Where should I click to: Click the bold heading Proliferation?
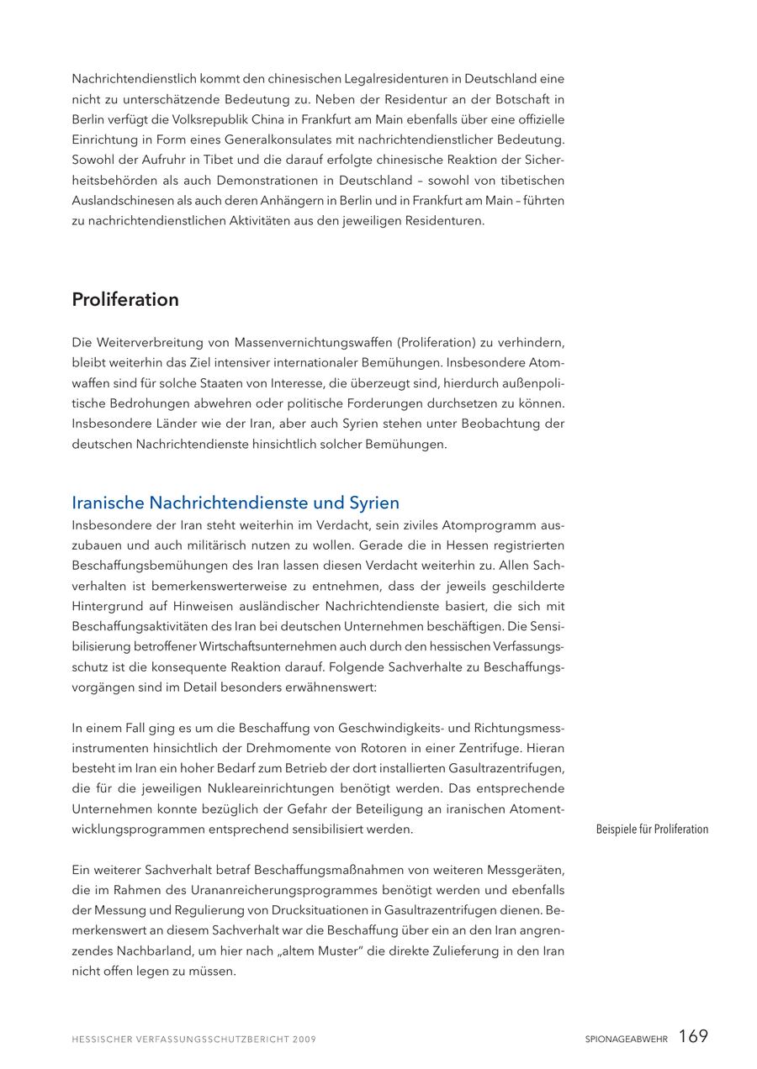point(125,300)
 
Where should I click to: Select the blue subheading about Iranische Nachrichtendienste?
point(236,503)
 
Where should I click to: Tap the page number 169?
point(693,1036)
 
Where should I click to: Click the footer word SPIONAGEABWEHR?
point(627,1040)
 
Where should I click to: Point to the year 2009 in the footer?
point(304,1040)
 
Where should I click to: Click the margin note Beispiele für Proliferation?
point(652,829)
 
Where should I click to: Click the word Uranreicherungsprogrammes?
point(306,890)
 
